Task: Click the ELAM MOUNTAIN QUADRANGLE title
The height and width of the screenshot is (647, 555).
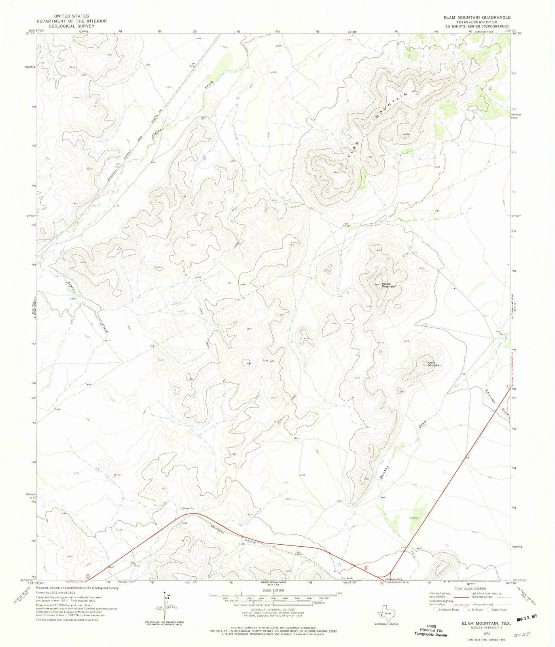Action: pos(477,17)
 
